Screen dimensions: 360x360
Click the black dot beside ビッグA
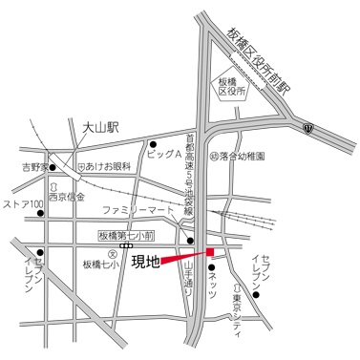point(152,145)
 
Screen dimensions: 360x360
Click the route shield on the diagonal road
point(307,126)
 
